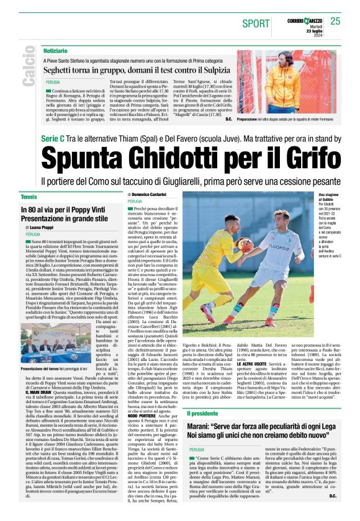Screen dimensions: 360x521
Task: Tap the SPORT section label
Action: pyautogui.click(x=256, y=23)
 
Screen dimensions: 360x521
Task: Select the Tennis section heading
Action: pyautogui.click(x=29, y=197)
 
